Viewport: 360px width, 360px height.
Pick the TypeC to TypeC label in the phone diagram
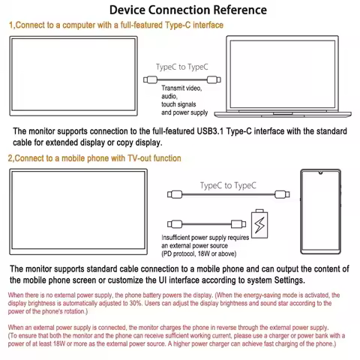[228, 185]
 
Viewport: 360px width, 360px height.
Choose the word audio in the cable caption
[169, 97]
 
